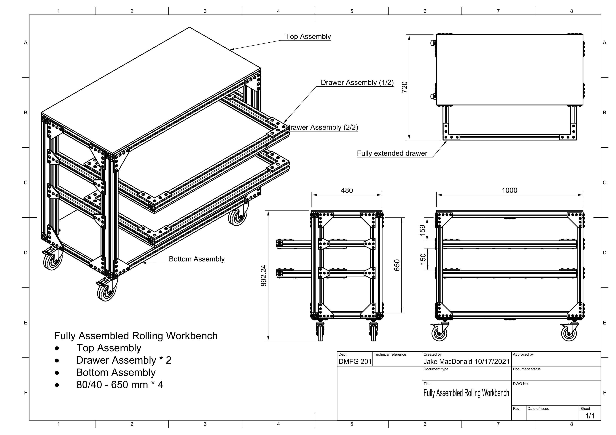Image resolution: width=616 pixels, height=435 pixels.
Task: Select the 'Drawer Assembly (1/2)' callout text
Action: (x=357, y=83)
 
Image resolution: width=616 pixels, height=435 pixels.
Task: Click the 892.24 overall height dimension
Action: (x=264, y=276)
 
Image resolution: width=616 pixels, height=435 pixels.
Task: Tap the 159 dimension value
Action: (x=423, y=230)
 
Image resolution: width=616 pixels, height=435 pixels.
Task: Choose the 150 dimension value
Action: (x=423, y=259)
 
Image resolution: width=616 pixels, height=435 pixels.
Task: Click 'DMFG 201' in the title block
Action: (x=355, y=362)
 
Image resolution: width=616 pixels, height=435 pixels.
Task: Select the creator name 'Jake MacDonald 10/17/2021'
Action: (x=466, y=362)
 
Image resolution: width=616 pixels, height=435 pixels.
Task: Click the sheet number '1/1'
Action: (x=590, y=416)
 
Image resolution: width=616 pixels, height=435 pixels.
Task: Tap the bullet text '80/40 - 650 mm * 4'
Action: (x=120, y=385)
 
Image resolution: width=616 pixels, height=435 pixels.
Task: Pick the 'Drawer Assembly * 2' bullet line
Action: (x=123, y=360)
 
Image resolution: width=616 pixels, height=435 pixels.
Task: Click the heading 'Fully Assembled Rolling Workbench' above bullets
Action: (x=136, y=336)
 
